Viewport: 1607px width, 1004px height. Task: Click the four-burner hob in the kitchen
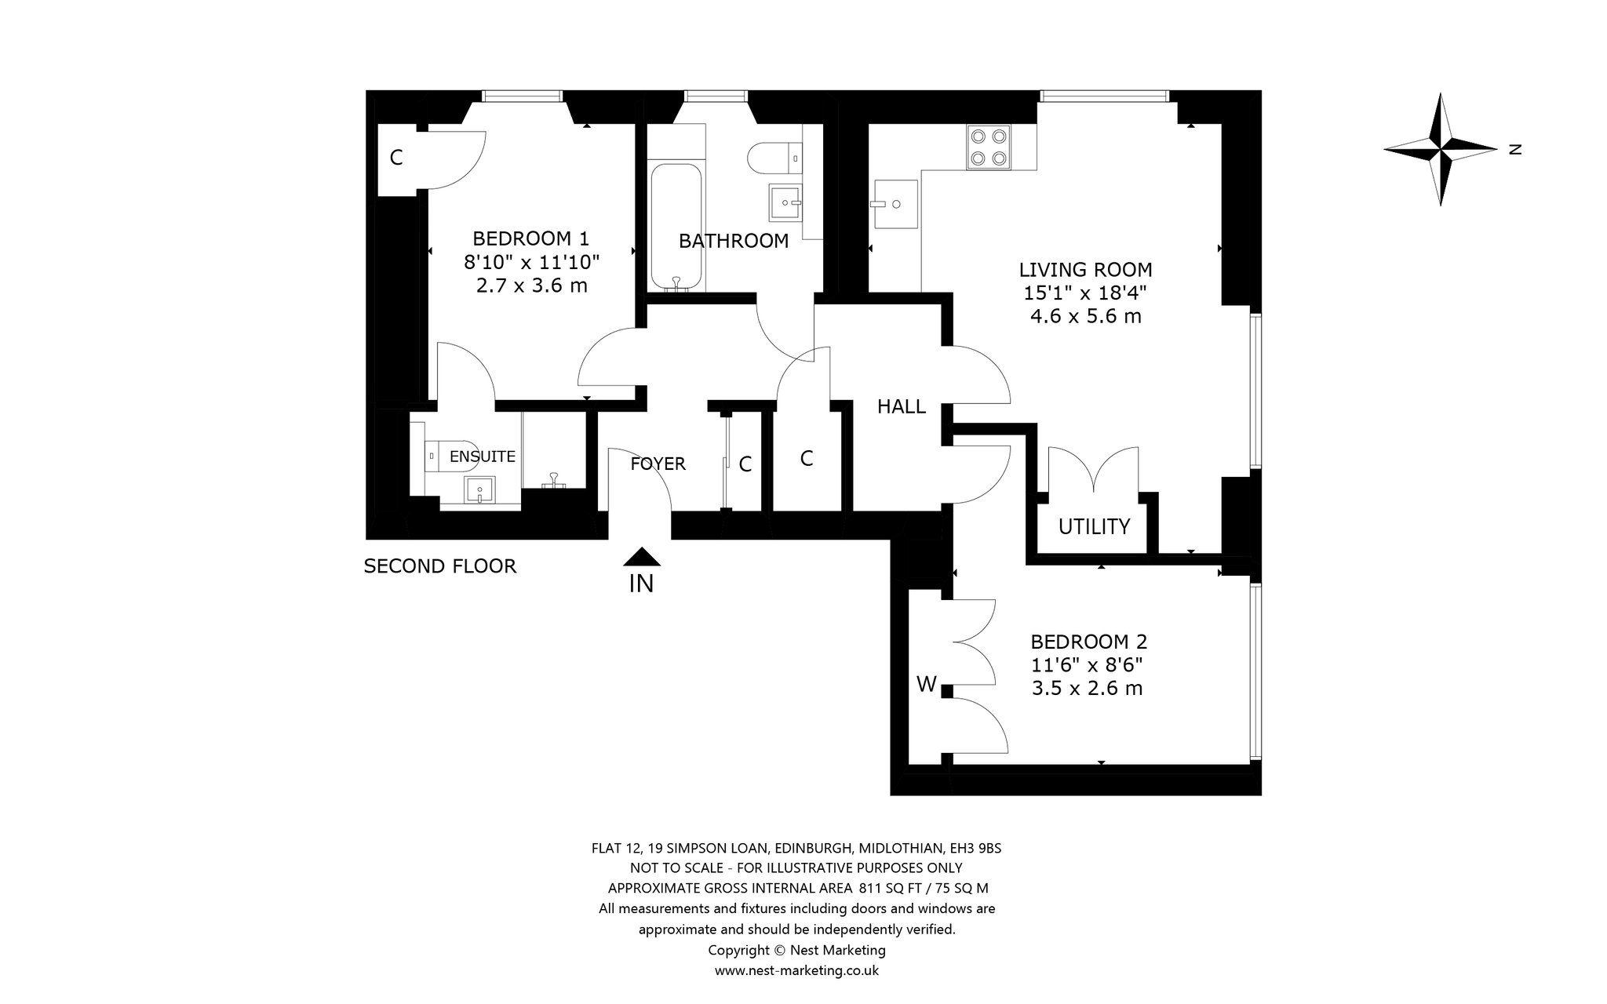[989, 147]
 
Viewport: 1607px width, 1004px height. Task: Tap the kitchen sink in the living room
[895, 204]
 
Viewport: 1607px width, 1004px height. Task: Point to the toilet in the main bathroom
[774, 158]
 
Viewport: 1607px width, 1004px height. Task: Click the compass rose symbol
[1441, 149]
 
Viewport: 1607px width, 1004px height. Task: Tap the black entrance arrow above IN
[642, 556]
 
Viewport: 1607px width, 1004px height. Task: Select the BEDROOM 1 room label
[530, 238]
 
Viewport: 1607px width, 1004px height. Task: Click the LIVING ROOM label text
[1086, 270]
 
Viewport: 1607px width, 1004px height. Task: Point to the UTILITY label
[1094, 526]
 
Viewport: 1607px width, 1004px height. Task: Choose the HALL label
[902, 406]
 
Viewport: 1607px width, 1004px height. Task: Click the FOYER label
[658, 464]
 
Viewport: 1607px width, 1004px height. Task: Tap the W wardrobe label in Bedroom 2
[927, 685]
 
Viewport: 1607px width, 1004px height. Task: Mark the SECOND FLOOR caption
[440, 566]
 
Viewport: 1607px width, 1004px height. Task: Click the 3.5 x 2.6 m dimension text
[1086, 689]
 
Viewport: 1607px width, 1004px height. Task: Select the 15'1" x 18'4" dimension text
[1086, 293]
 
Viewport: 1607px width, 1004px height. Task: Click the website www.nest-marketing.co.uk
[796, 971]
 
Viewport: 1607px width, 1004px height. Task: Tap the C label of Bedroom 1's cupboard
[396, 158]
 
